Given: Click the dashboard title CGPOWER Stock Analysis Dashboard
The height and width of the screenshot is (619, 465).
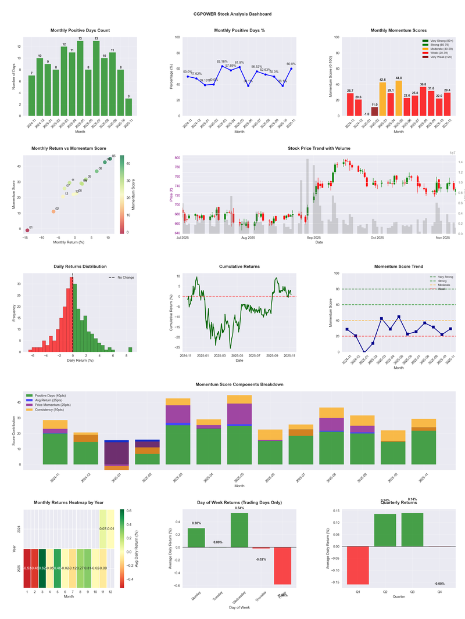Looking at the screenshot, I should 233,14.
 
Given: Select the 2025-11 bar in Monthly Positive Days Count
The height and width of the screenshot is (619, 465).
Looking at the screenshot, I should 128,107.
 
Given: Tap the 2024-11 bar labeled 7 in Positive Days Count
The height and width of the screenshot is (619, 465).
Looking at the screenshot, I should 31,96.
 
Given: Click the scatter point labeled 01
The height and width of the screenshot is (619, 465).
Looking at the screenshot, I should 27,230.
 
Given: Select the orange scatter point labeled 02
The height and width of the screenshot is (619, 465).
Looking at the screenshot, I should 53,211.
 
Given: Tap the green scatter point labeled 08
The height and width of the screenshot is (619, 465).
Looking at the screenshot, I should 96,171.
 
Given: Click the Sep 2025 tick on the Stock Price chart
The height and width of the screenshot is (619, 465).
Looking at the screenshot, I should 313,237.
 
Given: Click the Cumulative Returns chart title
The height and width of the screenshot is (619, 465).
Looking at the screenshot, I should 239,267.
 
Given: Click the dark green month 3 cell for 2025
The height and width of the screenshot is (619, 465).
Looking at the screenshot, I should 43,568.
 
